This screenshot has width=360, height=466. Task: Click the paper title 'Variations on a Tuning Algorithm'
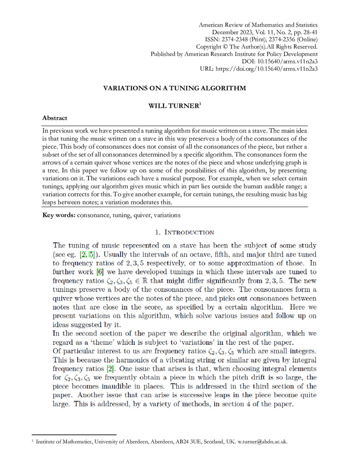[x=174, y=88]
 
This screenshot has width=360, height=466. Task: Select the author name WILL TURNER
[x=173, y=106]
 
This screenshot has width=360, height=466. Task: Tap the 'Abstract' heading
[x=54, y=118]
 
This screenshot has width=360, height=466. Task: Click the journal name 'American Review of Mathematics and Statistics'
[x=258, y=24]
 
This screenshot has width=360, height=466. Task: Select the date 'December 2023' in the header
[x=233, y=32]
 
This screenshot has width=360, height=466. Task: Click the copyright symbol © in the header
[x=225, y=47]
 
